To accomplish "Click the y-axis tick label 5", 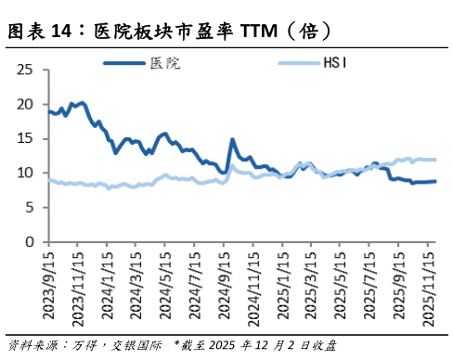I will (30, 208).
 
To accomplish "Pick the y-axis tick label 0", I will (30, 242).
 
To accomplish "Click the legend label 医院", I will (165, 64).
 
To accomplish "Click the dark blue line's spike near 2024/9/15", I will (232, 140).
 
